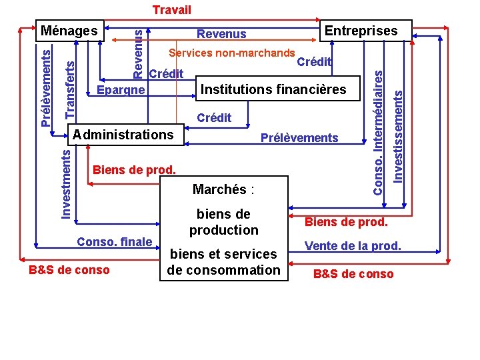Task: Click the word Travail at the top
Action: [171, 10]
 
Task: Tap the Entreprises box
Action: [361, 30]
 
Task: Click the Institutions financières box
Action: [273, 89]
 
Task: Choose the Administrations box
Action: [123, 135]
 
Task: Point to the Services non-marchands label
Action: [232, 53]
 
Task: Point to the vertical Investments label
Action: [66, 183]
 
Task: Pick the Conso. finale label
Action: [115, 241]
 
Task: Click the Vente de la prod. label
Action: [353, 246]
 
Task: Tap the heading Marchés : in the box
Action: [223, 189]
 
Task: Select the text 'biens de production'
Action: [223, 222]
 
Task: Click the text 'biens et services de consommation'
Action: [223, 262]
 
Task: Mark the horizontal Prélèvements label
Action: [299, 138]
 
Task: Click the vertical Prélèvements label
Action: [45, 85]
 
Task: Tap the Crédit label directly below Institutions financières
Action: [214, 118]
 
